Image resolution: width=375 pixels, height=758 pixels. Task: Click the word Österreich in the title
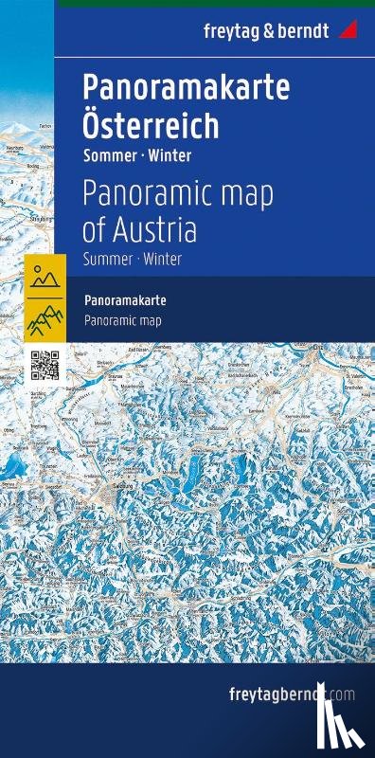click(x=151, y=125)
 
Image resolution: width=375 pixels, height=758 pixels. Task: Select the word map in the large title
click(x=244, y=195)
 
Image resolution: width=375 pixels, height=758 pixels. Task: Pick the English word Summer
click(x=106, y=258)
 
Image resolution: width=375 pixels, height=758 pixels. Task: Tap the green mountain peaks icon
click(x=44, y=319)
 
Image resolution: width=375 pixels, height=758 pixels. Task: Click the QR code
click(x=45, y=365)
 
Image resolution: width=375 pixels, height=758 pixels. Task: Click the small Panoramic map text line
click(x=123, y=320)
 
